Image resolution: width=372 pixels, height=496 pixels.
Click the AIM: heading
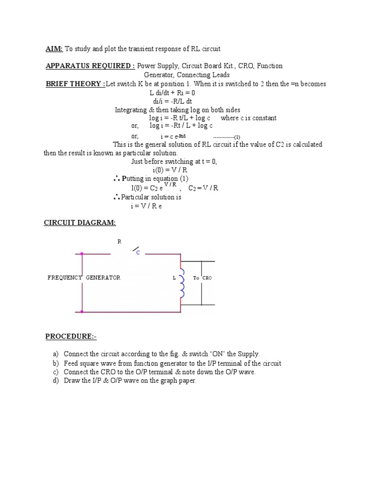[54, 49]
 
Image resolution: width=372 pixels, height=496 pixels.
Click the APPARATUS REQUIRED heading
[90, 66]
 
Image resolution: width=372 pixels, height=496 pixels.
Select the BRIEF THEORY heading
[75, 84]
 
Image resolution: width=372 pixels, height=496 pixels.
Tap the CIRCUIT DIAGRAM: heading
[80, 222]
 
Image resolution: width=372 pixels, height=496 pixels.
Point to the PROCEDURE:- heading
[71, 336]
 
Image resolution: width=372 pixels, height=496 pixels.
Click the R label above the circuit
[120, 242]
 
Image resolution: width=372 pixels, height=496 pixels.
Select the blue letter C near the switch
[138, 253]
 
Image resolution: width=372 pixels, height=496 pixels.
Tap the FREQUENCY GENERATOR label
[84, 278]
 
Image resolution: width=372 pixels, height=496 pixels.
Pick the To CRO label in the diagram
[202, 278]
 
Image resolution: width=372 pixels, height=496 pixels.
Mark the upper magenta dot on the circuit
[82, 253]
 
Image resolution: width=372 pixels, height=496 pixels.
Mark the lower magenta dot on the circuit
[82, 312]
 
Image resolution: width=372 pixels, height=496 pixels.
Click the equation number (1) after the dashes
[237, 137]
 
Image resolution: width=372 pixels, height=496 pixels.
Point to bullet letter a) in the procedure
[56, 355]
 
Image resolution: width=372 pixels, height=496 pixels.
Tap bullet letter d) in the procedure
[56, 381]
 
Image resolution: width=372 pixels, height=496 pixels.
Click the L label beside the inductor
[174, 279]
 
